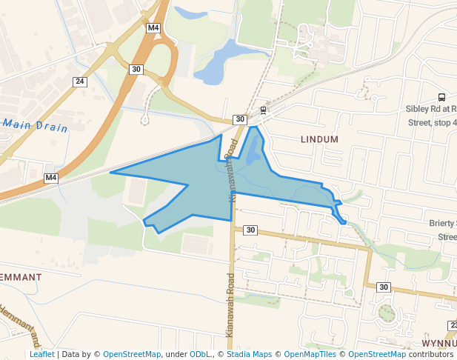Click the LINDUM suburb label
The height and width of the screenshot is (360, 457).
click(319, 139)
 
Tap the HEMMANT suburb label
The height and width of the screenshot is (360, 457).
click(21, 276)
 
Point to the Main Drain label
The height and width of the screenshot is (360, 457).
click(35, 126)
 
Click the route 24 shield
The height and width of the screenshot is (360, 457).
click(80, 81)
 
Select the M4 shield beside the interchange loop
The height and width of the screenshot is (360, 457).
click(153, 28)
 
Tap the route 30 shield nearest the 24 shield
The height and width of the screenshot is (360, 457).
click(136, 69)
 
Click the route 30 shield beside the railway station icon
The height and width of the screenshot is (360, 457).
click(239, 119)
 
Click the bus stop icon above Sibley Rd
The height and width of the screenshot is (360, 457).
click(442, 96)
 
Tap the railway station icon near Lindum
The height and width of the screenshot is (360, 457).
click(262, 110)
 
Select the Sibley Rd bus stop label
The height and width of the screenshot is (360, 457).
click(431, 115)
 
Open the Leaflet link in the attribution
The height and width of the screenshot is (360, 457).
click(41, 354)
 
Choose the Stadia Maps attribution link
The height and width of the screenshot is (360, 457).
click(249, 354)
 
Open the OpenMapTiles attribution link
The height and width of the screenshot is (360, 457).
click(310, 354)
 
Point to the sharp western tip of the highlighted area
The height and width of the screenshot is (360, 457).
click(111, 173)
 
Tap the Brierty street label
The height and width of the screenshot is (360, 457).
click(441, 223)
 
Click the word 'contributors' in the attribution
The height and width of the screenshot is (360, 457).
click(431, 354)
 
